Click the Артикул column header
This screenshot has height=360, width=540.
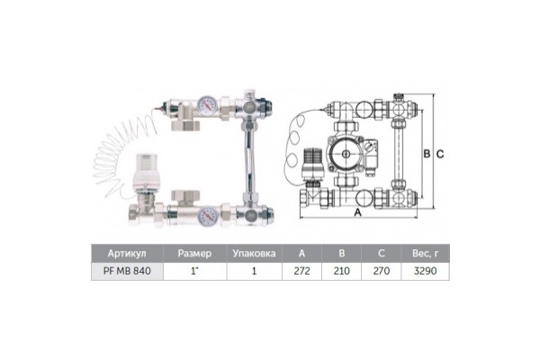127,253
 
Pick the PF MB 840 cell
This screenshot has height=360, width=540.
127,270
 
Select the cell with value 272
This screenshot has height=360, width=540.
301,270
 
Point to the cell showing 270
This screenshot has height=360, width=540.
380,270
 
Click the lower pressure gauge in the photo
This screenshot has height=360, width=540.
207,215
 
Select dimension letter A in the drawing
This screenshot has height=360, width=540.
358,213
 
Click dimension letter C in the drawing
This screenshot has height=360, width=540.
440,154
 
